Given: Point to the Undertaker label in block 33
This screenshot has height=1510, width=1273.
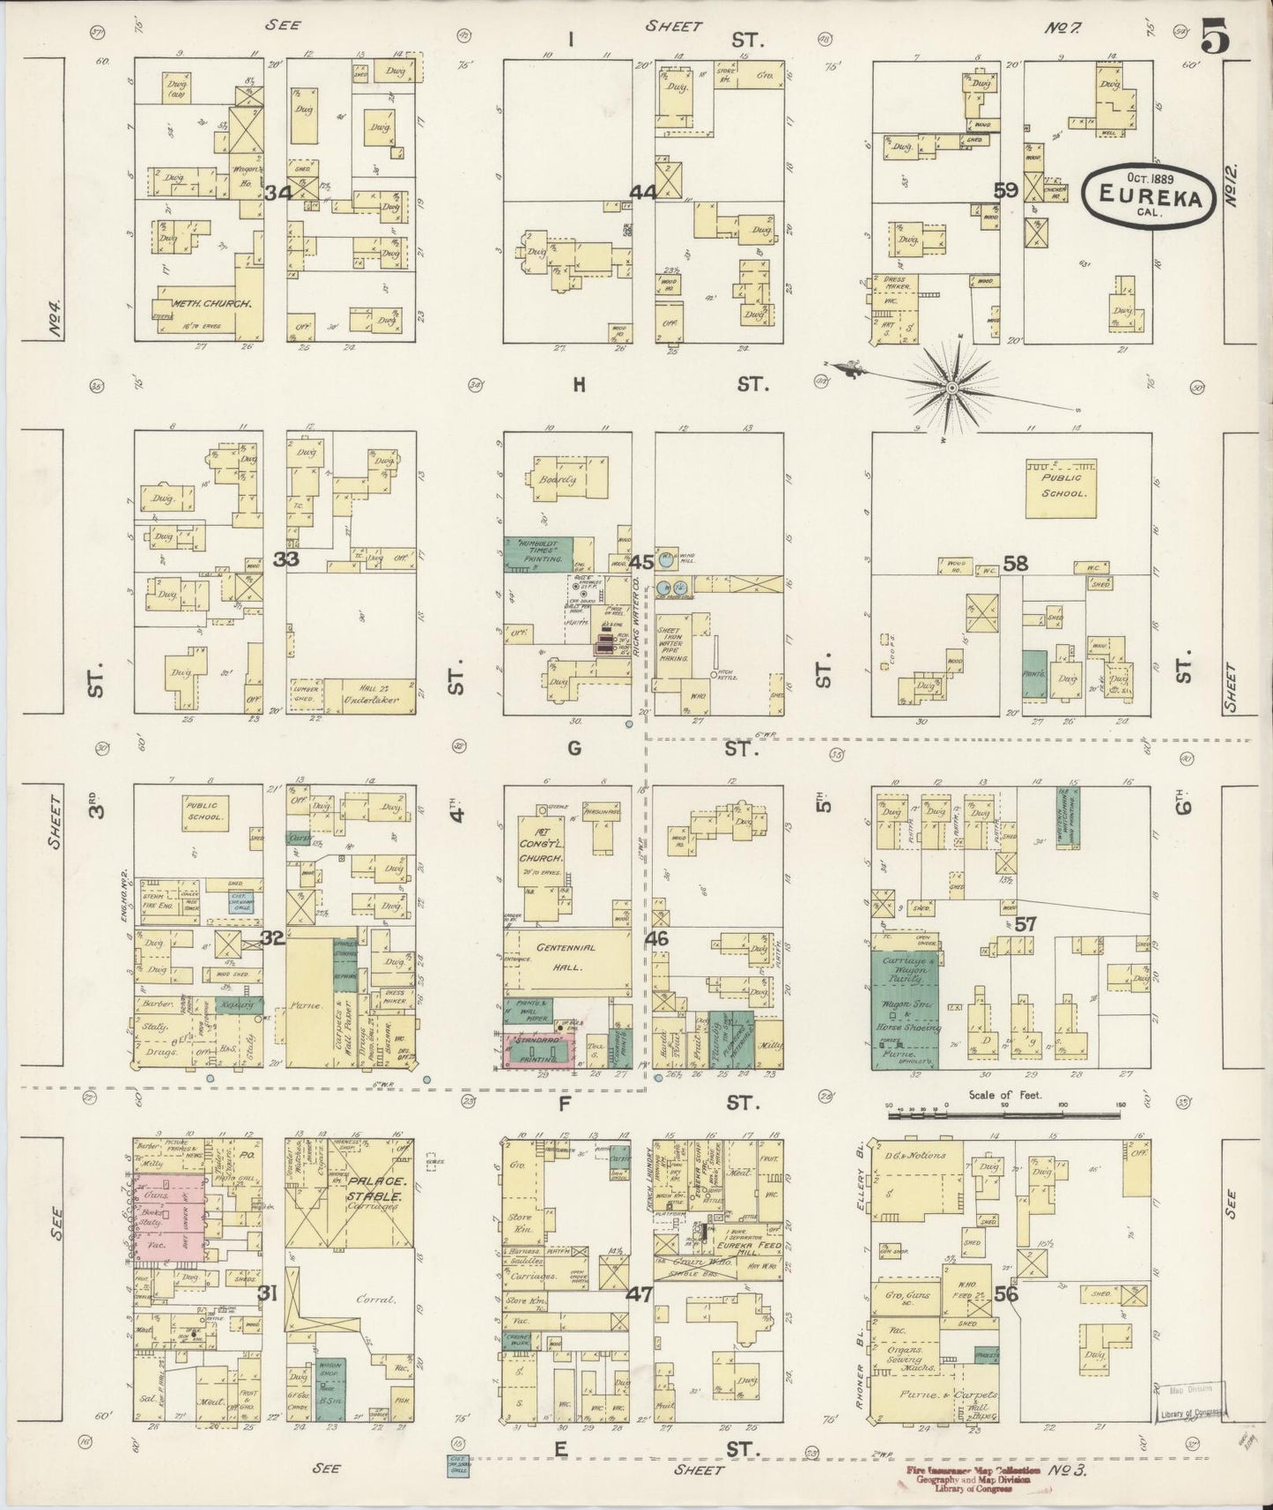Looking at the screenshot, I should (370, 700).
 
